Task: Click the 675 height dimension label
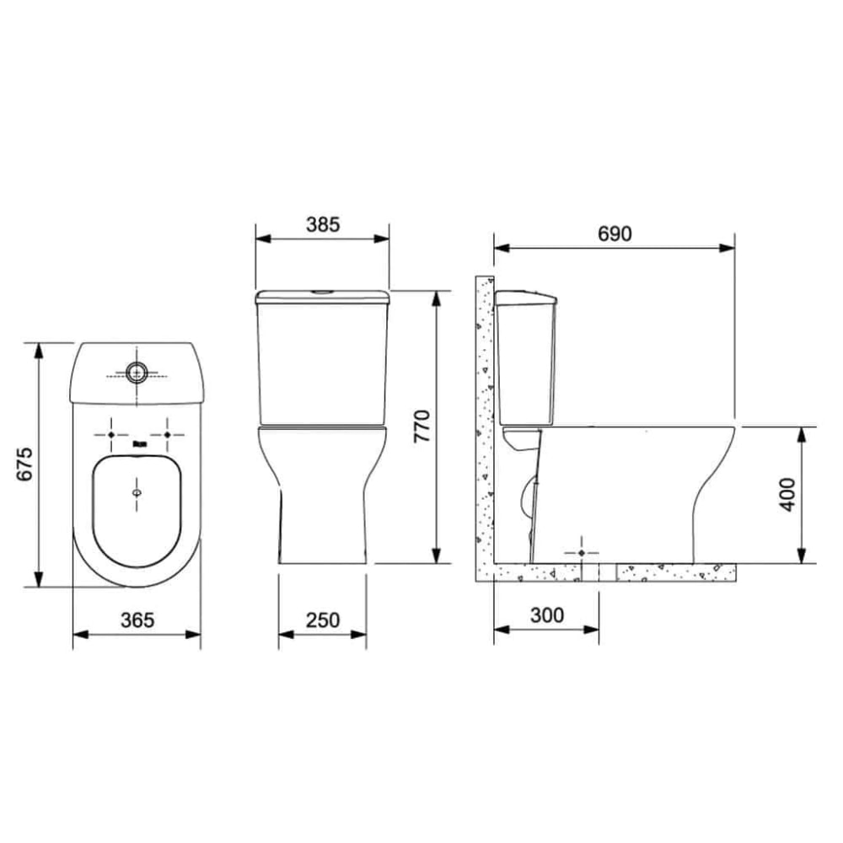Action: [26, 464]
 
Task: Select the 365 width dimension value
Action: [137, 620]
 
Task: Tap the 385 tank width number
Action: [322, 224]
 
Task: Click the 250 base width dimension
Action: [322, 620]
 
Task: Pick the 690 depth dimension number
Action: [615, 234]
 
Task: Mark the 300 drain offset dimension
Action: [547, 615]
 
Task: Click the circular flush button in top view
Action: [137, 372]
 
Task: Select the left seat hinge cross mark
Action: [110, 433]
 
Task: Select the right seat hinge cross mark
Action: [167, 433]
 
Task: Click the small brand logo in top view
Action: [138, 442]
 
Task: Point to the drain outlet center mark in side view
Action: [583, 551]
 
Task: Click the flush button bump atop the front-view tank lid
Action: [322, 292]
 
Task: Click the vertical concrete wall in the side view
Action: [483, 421]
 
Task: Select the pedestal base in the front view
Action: [322, 523]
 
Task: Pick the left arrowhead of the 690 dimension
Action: [500, 248]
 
